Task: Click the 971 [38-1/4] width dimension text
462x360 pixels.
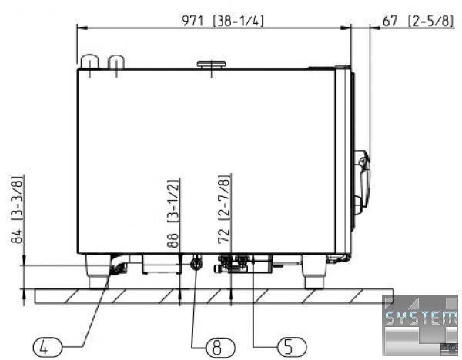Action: pos(223,21)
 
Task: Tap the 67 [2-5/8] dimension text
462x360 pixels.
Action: pos(418,21)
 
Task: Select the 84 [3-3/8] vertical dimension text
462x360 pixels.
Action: pos(17,209)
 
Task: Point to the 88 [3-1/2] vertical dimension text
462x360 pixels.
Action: pos(173,213)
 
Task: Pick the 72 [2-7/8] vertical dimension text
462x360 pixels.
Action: pos(224,209)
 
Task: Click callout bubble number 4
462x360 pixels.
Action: pos(47,348)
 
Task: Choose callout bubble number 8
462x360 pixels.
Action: pos(221,348)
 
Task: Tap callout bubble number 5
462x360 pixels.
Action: pos(292,346)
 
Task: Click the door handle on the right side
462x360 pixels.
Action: pos(362,182)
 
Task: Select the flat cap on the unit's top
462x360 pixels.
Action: pos(211,64)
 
